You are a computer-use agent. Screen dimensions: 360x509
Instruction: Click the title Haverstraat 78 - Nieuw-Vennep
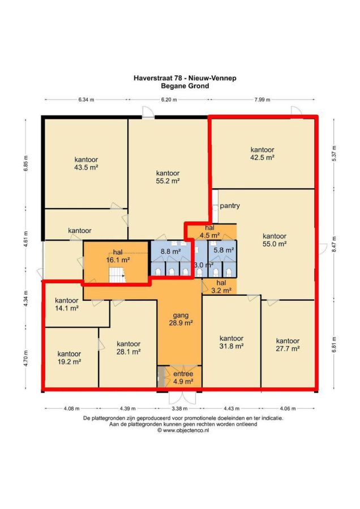(x=185, y=78)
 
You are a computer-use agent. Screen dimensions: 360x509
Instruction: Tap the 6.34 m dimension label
(x=86, y=100)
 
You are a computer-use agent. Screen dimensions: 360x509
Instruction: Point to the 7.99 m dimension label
(x=262, y=100)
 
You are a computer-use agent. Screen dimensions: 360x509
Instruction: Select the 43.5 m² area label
(x=86, y=167)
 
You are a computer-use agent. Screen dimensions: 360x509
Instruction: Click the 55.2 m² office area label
(x=168, y=181)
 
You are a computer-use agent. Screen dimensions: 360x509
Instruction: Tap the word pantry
(x=230, y=206)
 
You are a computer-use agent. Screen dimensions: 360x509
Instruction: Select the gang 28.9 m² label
(x=181, y=319)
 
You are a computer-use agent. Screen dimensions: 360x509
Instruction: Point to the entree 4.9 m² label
(x=183, y=378)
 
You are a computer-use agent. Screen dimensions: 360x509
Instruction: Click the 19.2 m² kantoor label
(x=69, y=358)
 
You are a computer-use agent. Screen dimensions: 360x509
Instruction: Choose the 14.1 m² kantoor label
(x=67, y=304)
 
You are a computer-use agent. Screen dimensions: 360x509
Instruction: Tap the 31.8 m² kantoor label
(x=232, y=343)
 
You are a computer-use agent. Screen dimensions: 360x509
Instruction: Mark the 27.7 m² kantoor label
(x=288, y=345)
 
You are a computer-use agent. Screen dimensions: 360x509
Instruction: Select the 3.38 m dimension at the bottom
(x=179, y=409)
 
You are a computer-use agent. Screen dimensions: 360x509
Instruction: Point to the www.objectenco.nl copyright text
(x=183, y=430)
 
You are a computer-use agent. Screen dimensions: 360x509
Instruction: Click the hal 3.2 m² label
(x=221, y=287)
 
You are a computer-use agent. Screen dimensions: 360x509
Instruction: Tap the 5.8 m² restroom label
(x=224, y=251)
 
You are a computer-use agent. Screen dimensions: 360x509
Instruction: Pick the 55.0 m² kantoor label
(x=275, y=240)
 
